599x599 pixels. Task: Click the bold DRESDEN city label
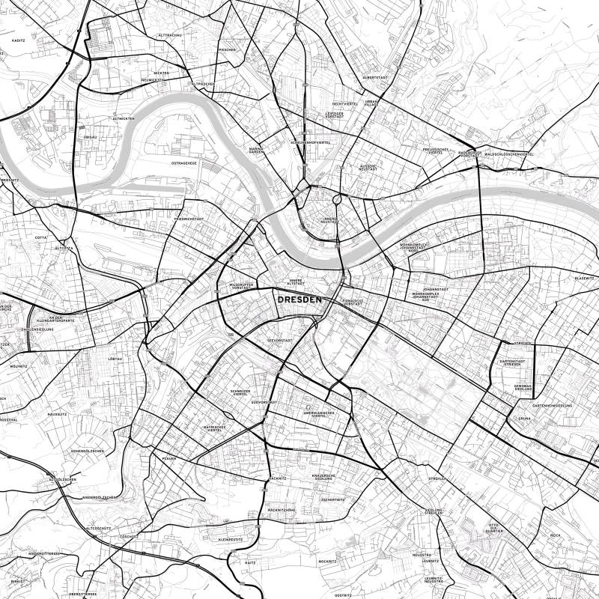click(x=299, y=299)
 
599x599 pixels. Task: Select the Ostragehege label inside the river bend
click(x=183, y=162)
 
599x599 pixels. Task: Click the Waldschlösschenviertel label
click(x=509, y=154)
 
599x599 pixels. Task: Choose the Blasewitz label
click(x=584, y=278)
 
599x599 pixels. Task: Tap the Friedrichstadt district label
click(x=189, y=219)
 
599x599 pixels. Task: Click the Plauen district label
click(x=168, y=458)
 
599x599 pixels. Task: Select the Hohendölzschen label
click(x=88, y=451)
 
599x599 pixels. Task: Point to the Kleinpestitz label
click(x=230, y=539)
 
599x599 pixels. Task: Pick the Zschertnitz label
click(x=332, y=499)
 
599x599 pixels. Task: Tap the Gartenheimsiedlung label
click(x=553, y=405)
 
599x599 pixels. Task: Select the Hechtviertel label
click(x=345, y=104)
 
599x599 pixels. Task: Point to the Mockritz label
click(x=327, y=560)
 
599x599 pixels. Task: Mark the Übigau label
click(x=90, y=138)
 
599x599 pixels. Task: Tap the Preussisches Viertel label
click(x=436, y=151)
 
